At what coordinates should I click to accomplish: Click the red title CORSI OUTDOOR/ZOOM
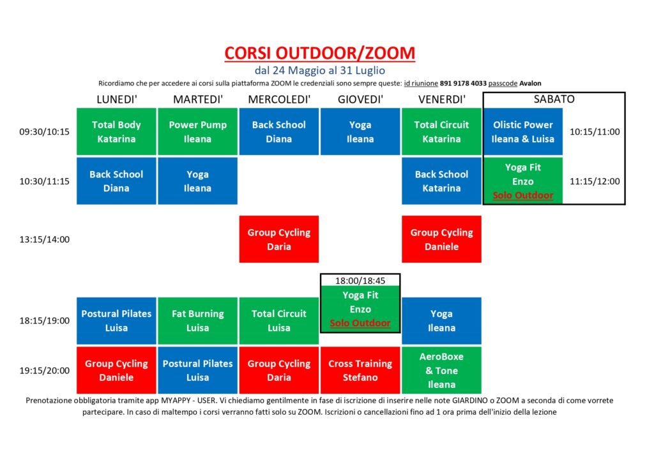319,54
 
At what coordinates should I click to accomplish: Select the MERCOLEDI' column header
279,100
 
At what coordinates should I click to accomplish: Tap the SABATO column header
554,99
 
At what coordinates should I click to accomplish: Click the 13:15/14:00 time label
44,239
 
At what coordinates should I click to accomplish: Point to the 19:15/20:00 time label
44,371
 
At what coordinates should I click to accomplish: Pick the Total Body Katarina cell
116,131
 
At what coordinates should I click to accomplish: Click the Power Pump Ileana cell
198,131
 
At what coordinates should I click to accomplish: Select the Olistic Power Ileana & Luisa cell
522,131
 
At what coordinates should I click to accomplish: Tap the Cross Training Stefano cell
360,370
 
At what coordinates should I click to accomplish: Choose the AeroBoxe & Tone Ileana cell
442,370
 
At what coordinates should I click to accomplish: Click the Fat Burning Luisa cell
198,321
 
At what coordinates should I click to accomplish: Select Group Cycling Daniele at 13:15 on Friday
442,239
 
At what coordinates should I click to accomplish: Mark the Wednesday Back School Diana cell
279,131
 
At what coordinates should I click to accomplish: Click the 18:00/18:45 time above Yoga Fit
360,281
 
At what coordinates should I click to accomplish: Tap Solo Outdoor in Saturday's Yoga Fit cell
523,195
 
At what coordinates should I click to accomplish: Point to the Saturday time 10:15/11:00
595,132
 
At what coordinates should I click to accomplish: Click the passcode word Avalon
530,84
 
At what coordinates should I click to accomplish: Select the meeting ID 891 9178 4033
463,84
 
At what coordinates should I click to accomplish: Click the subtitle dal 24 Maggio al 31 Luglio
320,70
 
